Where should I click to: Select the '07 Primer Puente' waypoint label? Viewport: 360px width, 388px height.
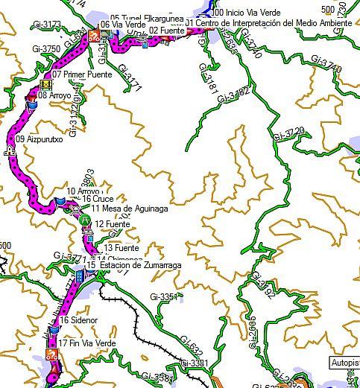tap(82, 75)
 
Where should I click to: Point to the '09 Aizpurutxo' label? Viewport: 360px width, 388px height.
tap(34, 139)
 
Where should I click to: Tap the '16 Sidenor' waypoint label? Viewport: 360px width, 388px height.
tap(75, 320)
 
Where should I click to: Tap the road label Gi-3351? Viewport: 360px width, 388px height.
tap(164, 297)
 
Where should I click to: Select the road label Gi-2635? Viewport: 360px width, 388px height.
tap(252, 331)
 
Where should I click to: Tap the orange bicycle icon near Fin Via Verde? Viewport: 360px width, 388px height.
tap(52, 355)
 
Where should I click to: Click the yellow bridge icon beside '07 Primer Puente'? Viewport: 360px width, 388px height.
tap(48, 84)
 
